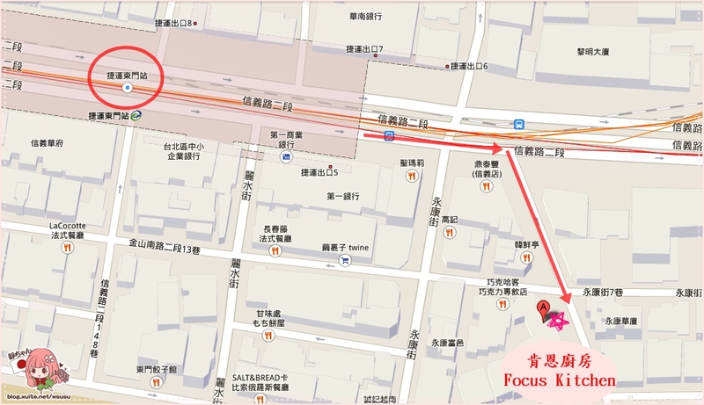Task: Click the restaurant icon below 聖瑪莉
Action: tap(411, 176)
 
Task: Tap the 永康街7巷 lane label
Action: tap(602, 291)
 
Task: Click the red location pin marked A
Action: tap(544, 308)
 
